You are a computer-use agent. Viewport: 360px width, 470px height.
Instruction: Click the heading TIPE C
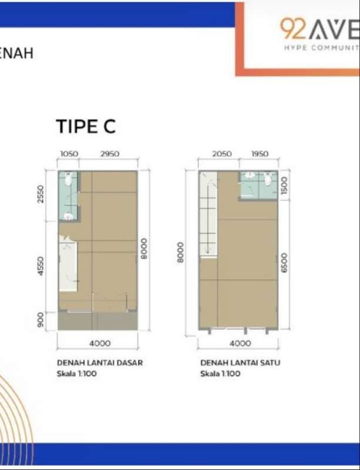pyautogui.click(x=86, y=126)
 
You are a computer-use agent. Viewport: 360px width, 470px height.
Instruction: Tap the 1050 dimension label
pyautogui.click(x=69, y=154)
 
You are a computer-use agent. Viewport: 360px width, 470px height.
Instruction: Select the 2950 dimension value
pyautogui.click(x=110, y=154)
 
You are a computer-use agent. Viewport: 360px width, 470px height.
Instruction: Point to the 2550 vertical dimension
pyautogui.click(x=40, y=194)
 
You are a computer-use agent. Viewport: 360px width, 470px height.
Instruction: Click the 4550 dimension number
pyautogui.click(x=40, y=266)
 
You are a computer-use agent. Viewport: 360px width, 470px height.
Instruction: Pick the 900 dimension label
pyautogui.click(x=40, y=320)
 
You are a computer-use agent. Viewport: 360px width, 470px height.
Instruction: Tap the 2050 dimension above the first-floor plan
pyautogui.click(x=222, y=154)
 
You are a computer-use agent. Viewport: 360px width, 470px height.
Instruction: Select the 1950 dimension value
pyautogui.click(x=260, y=154)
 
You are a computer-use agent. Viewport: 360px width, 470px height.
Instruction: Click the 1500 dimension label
pyautogui.click(x=284, y=185)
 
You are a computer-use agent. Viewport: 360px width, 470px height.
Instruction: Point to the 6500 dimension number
pyautogui.click(x=284, y=263)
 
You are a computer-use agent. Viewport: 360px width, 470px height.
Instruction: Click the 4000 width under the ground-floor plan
pyautogui.click(x=100, y=343)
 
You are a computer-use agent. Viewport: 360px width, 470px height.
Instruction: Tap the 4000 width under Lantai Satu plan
pyautogui.click(x=240, y=343)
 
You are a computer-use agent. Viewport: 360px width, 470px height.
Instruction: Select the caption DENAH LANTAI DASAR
pyautogui.click(x=100, y=362)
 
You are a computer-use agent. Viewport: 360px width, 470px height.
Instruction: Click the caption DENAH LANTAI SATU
pyautogui.click(x=240, y=362)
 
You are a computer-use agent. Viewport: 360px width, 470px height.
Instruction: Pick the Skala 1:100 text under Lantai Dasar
pyautogui.click(x=77, y=374)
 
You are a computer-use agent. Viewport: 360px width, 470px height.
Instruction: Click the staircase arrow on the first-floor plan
pyautogui.click(x=207, y=216)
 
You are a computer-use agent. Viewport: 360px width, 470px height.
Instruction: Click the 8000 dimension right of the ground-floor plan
pyautogui.click(x=144, y=249)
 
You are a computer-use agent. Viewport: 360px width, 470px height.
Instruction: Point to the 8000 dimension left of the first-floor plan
pyautogui.click(x=180, y=252)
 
